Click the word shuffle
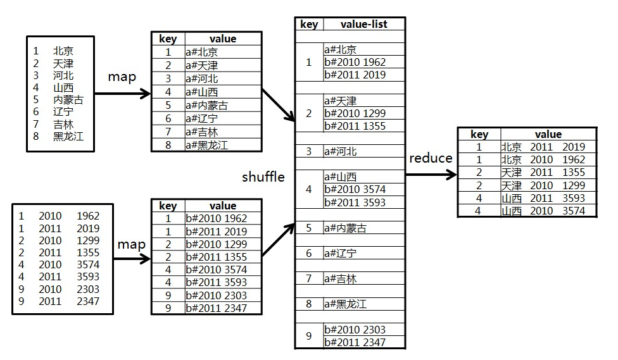263,177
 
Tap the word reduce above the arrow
431,158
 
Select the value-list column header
363,24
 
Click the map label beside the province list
122,77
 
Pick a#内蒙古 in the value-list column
345,228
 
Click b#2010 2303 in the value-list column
355,330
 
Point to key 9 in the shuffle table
309,336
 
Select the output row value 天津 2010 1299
543,185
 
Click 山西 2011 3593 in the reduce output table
543,198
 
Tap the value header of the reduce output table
548,134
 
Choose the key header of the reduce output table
479,134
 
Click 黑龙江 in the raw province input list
68,136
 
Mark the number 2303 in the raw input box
88,289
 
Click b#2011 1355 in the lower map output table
216,257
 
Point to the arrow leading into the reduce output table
431,175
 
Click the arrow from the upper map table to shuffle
279,104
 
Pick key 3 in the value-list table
309,151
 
